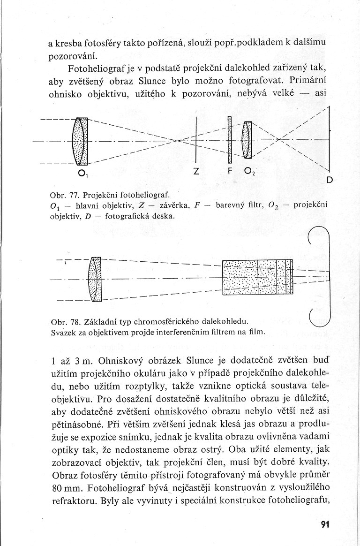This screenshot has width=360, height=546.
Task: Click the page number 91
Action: click(x=325, y=524)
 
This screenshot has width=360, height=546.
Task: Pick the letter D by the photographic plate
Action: click(x=329, y=180)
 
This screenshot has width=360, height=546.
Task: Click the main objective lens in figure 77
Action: click(x=80, y=141)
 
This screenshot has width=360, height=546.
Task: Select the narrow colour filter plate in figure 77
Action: click(x=230, y=139)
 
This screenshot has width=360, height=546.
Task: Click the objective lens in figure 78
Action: click(x=95, y=279)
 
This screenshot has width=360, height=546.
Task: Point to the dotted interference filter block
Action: click(x=257, y=277)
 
